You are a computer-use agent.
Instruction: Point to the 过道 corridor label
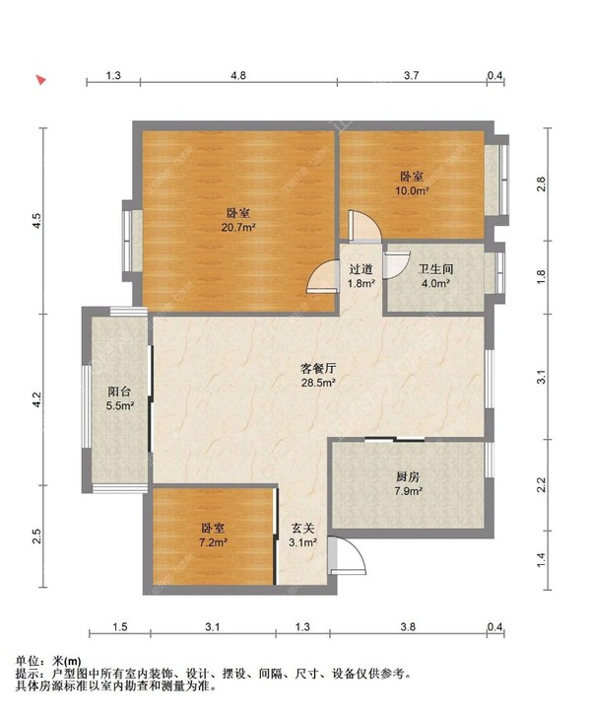point(361,268)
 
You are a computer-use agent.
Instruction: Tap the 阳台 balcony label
point(119,391)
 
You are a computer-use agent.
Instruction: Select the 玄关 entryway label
point(302,526)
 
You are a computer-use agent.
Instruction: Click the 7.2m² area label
point(213,542)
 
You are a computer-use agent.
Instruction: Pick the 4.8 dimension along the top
point(238,75)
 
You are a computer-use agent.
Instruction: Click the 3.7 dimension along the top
point(412,75)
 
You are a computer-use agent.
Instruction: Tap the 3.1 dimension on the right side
point(541,377)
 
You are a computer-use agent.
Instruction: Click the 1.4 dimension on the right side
point(541,559)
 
